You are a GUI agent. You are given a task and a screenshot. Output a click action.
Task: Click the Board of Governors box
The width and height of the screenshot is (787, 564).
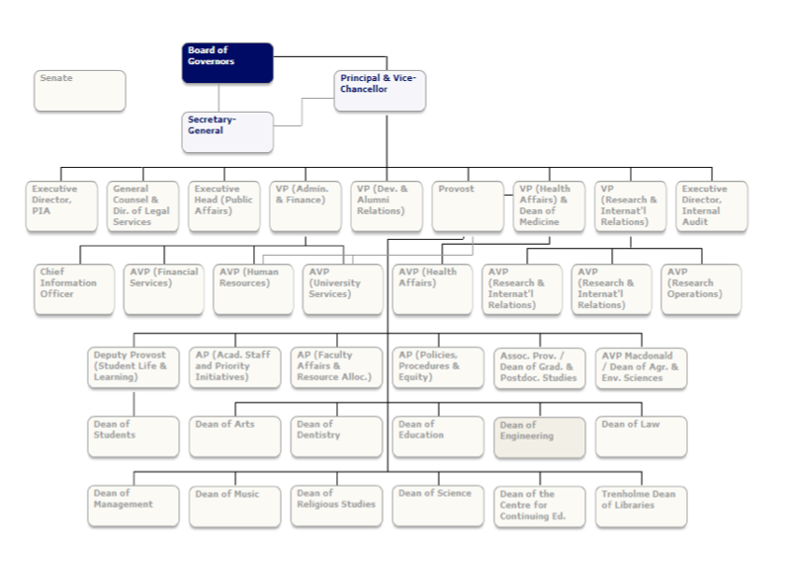tap(227, 62)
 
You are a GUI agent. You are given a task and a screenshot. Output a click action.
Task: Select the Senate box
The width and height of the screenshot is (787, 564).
tap(80, 91)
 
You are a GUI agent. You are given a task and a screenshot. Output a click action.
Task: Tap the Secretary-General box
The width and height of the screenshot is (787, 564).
tap(227, 132)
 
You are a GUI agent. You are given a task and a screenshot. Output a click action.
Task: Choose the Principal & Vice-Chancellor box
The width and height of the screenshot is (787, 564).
tap(380, 91)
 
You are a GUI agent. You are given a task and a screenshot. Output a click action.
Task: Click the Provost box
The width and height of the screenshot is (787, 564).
tap(468, 206)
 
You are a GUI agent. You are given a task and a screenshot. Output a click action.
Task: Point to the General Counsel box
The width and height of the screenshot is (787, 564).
tap(142, 206)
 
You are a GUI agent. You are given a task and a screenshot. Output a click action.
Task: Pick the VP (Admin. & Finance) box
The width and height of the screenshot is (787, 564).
tap(306, 206)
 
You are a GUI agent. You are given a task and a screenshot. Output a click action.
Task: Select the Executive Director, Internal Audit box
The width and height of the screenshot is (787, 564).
tap(712, 206)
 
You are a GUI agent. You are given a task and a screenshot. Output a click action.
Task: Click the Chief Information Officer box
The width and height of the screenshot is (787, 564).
tap(74, 289)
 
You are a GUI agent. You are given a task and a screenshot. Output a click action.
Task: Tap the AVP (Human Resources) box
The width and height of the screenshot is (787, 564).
tap(253, 289)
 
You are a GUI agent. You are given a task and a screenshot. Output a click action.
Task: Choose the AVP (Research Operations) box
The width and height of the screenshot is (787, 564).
tap(701, 289)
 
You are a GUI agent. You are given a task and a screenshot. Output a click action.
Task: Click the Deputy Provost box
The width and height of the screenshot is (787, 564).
tap(133, 368)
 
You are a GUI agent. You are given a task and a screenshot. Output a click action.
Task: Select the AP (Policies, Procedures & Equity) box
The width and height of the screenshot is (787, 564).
tap(438, 368)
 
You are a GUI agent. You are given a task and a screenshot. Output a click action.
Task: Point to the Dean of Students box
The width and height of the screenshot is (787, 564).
tap(133, 438)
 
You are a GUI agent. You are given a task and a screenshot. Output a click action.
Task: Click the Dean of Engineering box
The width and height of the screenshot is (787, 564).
tap(540, 438)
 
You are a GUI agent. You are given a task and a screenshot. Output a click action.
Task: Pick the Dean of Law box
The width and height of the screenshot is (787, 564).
tap(642, 438)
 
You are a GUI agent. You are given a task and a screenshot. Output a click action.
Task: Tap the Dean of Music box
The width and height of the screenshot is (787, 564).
tap(235, 507)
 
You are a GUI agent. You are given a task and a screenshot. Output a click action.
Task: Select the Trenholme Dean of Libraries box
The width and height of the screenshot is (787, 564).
tap(642, 507)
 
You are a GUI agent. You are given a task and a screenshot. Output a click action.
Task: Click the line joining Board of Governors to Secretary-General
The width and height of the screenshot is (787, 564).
tap(219, 98)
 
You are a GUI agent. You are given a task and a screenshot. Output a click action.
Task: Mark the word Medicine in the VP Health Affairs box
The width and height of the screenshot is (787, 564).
tap(539, 221)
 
